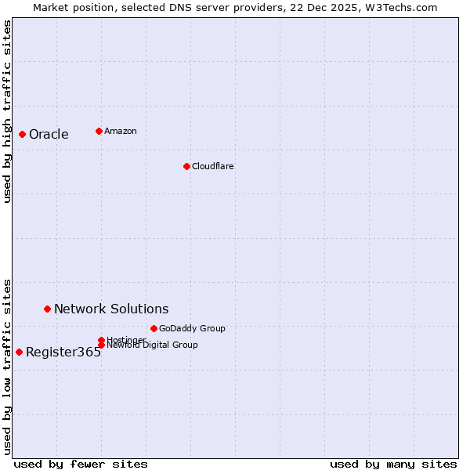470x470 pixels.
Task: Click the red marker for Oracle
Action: pyautogui.click(x=22, y=135)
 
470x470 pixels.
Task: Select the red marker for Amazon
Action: pyautogui.click(x=99, y=131)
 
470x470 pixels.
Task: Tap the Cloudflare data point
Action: pyautogui.click(x=186, y=166)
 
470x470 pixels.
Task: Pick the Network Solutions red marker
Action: pyautogui.click(x=47, y=309)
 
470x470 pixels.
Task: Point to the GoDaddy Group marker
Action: pyautogui.click(x=154, y=328)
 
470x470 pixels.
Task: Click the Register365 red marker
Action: pyautogui.click(x=19, y=352)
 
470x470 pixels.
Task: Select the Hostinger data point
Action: pyautogui.click(x=101, y=340)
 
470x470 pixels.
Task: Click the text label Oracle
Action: pyautogui.click(x=49, y=135)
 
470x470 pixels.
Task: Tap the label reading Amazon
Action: pyautogui.click(x=120, y=131)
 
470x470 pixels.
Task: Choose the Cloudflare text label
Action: pyautogui.click(x=212, y=166)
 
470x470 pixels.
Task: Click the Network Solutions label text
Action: pyautogui.click(x=110, y=309)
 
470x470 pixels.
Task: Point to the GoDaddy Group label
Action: pyautogui.click(x=191, y=328)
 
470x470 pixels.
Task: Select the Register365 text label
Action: pyautogui.click(x=63, y=352)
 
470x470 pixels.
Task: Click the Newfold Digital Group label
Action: pyautogui.click(x=152, y=345)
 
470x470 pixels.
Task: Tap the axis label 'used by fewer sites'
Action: pyautogui.click(x=81, y=464)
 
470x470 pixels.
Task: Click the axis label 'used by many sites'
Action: pyautogui.click(x=392, y=464)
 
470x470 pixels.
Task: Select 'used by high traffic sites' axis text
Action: pyautogui.click(x=7, y=111)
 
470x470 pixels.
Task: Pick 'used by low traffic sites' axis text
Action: pyautogui.click(x=7, y=366)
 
